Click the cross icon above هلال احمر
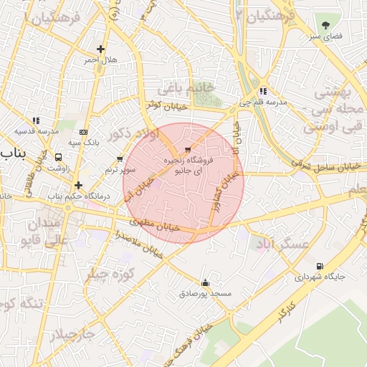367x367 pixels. pyautogui.click(x=101, y=49)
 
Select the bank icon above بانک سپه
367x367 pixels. pyautogui.click(x=84, y=132)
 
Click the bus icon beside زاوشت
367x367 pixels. pyautogui.click(x=57, y=157)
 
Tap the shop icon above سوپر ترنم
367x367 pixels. pyautogui.click(x=120, y=159)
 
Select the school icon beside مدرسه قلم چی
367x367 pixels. pyautogui.click(x=264, y=91)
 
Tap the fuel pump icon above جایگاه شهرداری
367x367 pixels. pyautogui.click(x=319, y=266)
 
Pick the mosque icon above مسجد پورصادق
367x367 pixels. pyautogui.click(x=206, y=283)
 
